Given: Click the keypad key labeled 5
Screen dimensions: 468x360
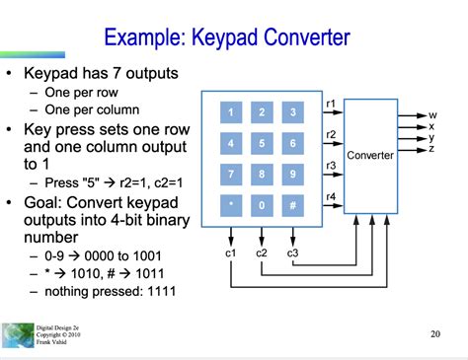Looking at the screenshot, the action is point(262,143).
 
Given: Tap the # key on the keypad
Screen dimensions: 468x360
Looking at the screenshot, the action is point(292,205).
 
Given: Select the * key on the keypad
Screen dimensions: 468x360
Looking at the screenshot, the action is point(231,205).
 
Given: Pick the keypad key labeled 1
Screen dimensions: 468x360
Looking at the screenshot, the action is point(231,112).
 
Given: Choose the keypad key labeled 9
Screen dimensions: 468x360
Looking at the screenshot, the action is point(292,175).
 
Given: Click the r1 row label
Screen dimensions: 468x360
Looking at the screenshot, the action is point(331,104).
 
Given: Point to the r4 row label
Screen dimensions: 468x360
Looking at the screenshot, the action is point(331,196).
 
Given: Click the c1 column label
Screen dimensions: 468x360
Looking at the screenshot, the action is point(230,252).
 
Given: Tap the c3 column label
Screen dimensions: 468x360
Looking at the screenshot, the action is point(292,252).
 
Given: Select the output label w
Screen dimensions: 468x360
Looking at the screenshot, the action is point(432,115).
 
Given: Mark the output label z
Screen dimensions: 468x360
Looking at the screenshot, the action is point(431,149).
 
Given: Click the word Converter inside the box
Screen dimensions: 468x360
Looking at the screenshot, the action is point(370,155).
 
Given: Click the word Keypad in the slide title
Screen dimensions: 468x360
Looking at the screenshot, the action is point(225,37).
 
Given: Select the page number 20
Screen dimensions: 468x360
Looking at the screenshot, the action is point(435,334).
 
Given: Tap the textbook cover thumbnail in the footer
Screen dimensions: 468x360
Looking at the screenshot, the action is point(18,335).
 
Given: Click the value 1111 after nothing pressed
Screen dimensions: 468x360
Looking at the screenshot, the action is point(162,291).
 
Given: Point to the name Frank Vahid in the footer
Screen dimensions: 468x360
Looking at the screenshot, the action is point(51,342).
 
